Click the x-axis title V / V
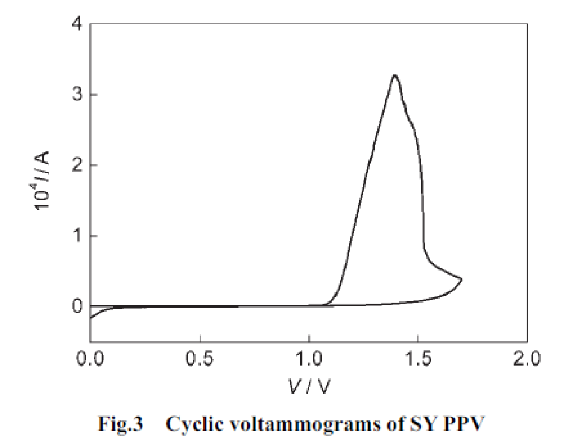pyautogui.click(x=309, y=386)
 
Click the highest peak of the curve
pyautogui.click(x=395, y=75)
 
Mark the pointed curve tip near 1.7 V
pyautogui.click(x=461, y=279)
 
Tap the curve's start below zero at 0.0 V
pyautogui.click(x=91, y=317)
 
